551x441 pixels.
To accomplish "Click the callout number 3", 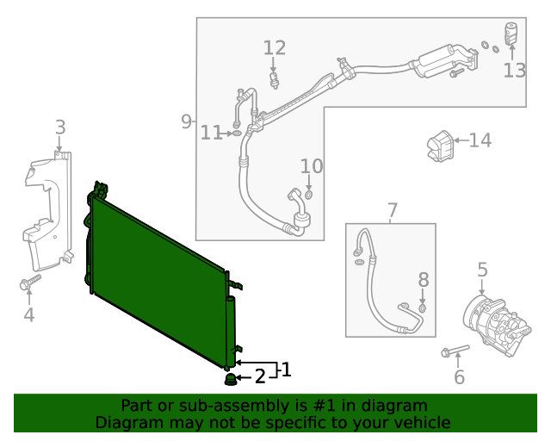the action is pos(60,127).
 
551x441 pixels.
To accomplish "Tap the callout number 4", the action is pos(29,315).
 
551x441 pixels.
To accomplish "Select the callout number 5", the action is pos(482,270).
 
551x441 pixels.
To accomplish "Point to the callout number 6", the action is pos(459,376).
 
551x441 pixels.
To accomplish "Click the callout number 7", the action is pos(393,209).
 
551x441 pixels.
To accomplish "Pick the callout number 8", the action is pos(423,279).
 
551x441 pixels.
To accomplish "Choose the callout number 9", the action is pos(186,121).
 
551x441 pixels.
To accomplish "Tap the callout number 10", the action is pos(311,165).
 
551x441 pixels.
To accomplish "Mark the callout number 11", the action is pos(211,133).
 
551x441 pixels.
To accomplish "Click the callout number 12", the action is pos(274,48).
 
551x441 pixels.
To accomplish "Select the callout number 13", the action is pos(514,71).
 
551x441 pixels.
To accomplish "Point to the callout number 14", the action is pos(480,140).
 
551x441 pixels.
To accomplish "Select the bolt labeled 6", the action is pos(453,351).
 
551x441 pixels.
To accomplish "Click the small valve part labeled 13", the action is pos(511,33).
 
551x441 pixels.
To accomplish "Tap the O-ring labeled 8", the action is pos(423,307).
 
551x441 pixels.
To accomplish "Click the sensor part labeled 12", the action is pos(274,80).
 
